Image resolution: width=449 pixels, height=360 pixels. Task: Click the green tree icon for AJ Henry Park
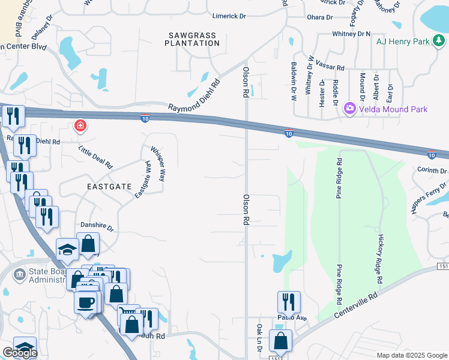click(x=440, y=41)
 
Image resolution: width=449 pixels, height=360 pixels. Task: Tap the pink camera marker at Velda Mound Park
click(x=349, y=109)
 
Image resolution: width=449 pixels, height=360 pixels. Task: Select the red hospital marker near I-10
click(x=79, y=126)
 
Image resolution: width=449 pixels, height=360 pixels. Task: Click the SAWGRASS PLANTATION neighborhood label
click(x=191, y=40)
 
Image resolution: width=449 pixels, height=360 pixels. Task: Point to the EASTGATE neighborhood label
click(x=109, y=187)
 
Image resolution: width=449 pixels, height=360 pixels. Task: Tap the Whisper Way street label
click(x=158, y=164)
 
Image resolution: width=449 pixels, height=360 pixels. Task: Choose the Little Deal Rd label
click(x=95, y=155)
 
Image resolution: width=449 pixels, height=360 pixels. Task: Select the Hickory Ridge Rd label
click(x=379, y=259)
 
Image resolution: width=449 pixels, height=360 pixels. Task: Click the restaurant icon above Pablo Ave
click(x=289, y=301)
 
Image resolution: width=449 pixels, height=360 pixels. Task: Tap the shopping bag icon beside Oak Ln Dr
click(x=280, y=340)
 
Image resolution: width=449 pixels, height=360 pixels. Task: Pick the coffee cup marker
click(x=86, y=301)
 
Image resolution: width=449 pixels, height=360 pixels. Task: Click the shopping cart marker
click(x=128, y=314)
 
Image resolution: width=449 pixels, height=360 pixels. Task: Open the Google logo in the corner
click(x=20, y=353)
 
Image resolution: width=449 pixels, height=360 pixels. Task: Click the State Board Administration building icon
click(x=19, y=275)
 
